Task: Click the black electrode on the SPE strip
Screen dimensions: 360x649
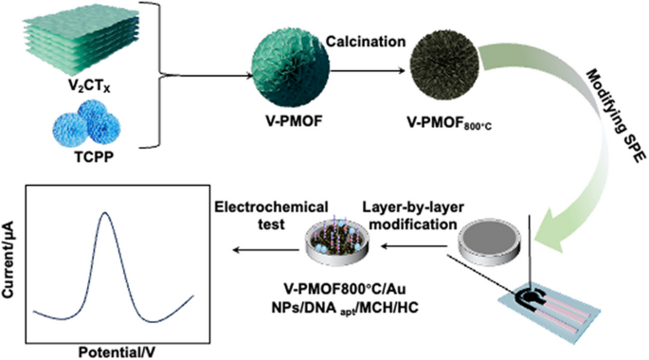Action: (545, 296)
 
